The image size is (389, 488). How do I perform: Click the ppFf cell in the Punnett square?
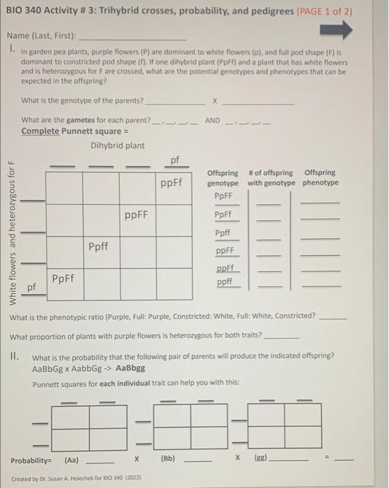(x=171, y=184)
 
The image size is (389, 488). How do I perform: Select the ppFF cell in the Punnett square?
(x=136, y=215)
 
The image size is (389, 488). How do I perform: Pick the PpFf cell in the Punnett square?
(x=64, y=278)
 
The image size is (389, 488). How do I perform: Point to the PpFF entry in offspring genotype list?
(x=223, y=197)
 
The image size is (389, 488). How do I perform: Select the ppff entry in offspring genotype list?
(x=224, y=282)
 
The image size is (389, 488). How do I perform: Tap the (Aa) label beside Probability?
(x=72, y=460)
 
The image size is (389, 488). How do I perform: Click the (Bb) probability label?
(x=168, y=460)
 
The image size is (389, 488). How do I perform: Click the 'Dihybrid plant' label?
(x=118, y=145)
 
